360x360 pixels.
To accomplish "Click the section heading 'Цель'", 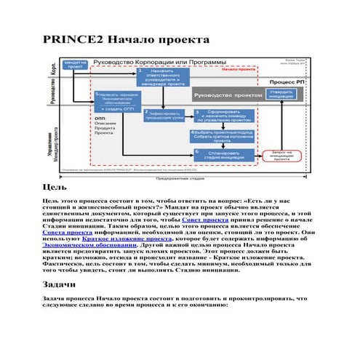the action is coord(56,187).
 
